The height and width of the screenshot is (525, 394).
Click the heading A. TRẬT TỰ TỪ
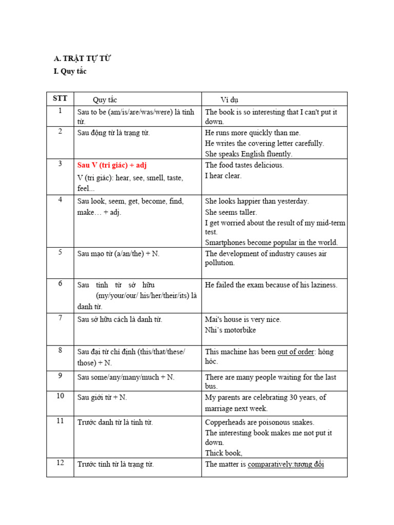[x=82, y=58]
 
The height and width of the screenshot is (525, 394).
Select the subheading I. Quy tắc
[x=70, y=71]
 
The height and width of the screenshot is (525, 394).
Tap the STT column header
[x=60, y=98]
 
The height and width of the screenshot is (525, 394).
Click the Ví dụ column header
[x=229, y=99]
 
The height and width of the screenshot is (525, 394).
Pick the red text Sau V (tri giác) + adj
[x=112, y=165]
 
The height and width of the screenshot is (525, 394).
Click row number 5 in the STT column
[x=60, y=252]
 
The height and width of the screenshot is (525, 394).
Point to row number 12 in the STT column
[x=60, y=463]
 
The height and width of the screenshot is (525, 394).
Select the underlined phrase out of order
[x=295, y=352]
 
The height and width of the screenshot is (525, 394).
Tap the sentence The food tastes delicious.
[x=244, y=165]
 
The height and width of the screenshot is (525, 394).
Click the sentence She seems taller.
[x=231, y=212]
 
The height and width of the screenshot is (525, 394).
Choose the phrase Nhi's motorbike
[x=230, y=330]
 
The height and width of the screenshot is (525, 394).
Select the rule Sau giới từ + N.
[x=102, y=397]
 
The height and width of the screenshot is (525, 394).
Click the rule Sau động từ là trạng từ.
[x=113, y=133]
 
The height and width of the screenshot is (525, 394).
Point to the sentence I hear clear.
[x=223, y=176]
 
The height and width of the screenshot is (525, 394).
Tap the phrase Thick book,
[x=224, y=453]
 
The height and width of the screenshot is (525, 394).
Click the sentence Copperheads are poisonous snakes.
[x=260, y=422]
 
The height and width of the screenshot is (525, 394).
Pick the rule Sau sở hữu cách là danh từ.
[x=120, y=319]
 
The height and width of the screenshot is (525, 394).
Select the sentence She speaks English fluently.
[x=248, y=154]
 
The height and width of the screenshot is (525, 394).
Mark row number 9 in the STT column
[x=60, y=376]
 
